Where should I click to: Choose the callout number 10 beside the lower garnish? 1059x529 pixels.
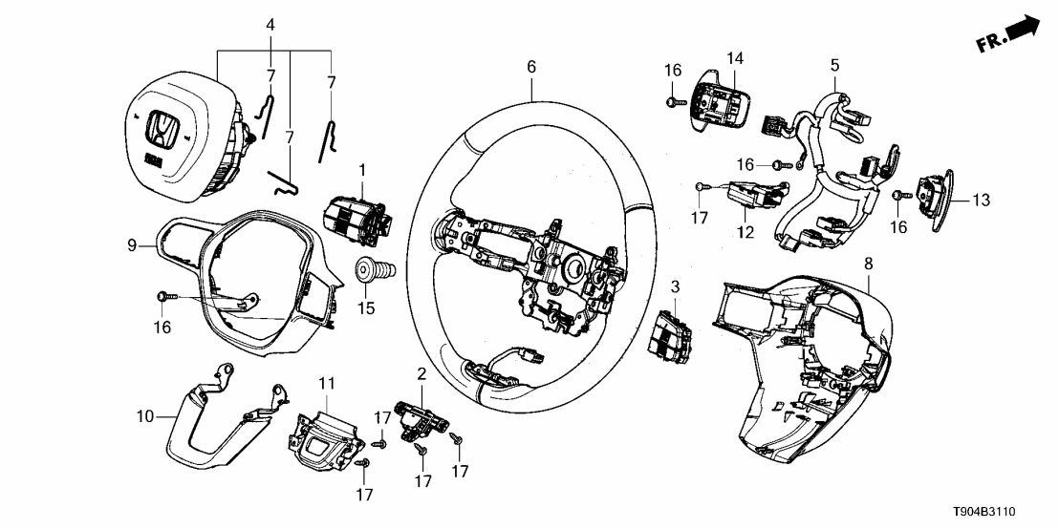coord(144,415)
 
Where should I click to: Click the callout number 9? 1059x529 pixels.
coord(133,245)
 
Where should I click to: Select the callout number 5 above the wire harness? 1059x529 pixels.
coord(834,66)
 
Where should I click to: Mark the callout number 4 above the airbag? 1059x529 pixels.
coord(270,24)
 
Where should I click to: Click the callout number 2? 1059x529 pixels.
coord(421,372)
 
